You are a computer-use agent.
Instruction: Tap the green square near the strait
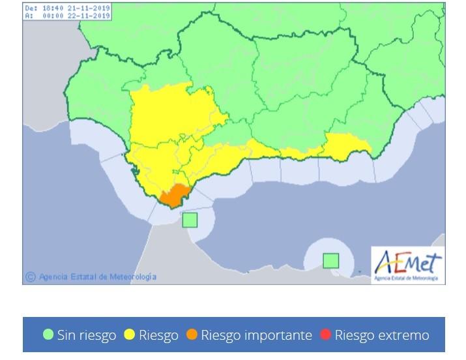[x=190, y=220]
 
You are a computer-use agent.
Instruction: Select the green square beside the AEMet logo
[x=331, y=261]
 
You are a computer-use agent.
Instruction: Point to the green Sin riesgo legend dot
[x=48, y=335]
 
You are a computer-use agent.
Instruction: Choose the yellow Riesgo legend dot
[x=130, y=335]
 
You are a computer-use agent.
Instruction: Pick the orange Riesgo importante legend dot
[x=192, y=335]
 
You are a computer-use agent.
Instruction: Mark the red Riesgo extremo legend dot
[x=326, y=335]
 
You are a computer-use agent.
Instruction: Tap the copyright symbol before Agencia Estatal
[x=29, y=277]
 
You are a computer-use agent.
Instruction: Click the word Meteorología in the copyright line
[x=133, y=277]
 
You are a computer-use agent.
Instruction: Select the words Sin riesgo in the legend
[x=87, y=335]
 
